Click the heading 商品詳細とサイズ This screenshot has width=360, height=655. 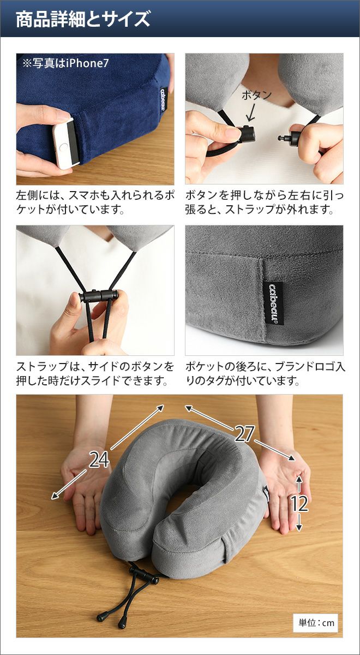point(83,19)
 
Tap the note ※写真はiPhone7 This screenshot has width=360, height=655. point(65,63)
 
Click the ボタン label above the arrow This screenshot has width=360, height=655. point(256,96)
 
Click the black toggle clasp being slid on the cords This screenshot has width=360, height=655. point(99,296)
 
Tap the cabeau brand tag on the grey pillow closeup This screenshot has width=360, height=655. point(274,303)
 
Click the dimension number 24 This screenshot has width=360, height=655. point(99,460)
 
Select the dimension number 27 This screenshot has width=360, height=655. point(244,433)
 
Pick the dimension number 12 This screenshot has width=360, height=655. point(299,503)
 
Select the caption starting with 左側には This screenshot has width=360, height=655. point(95,203)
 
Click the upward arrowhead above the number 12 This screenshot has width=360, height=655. point(299,478)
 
